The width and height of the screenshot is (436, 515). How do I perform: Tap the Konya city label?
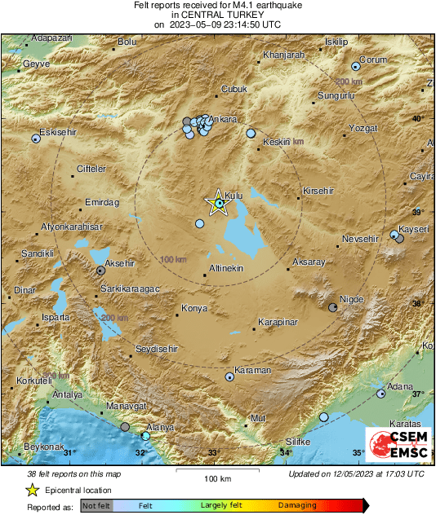point(196,309)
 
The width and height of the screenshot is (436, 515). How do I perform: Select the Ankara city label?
point(224,120)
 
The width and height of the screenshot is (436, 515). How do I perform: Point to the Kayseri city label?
point(413,230)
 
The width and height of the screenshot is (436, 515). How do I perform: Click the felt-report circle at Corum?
point(355,67)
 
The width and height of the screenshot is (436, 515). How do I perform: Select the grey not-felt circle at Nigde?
point(332,307)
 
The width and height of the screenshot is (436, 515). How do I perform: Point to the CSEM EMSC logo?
point(398,447)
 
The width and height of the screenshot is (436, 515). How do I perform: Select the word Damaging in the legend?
point(297,506)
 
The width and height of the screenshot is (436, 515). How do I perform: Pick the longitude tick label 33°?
point(214,453)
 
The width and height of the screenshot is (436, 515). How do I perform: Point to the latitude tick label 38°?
point(417,303)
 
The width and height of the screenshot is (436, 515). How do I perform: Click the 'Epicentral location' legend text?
point(78,491)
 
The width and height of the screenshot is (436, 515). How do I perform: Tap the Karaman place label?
point(253,371)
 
